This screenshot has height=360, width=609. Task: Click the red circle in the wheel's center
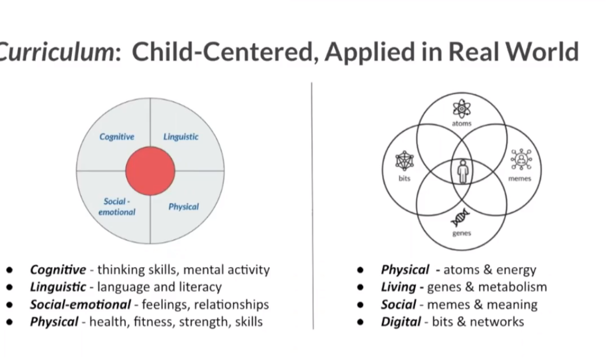point(150,171)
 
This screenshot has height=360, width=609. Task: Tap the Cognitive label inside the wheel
point(117,137)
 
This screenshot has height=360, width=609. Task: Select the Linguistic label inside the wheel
point(180,137)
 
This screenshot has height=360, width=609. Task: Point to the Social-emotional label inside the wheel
point(117,207)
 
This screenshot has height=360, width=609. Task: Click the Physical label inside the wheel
point(183,207)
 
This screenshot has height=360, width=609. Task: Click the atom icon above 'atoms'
point(462,109)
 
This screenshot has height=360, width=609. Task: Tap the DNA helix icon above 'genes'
point(460,217)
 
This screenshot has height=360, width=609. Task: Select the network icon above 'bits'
point(405,161)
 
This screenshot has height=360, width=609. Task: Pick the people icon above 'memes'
point(521,159)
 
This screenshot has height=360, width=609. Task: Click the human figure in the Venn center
point(463,171)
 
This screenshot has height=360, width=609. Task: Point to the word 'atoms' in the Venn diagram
point(462,124)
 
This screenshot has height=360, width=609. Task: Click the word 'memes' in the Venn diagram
point(520,178)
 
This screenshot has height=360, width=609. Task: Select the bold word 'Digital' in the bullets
point(401,322)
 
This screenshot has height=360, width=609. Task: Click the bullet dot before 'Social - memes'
point(360,305)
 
